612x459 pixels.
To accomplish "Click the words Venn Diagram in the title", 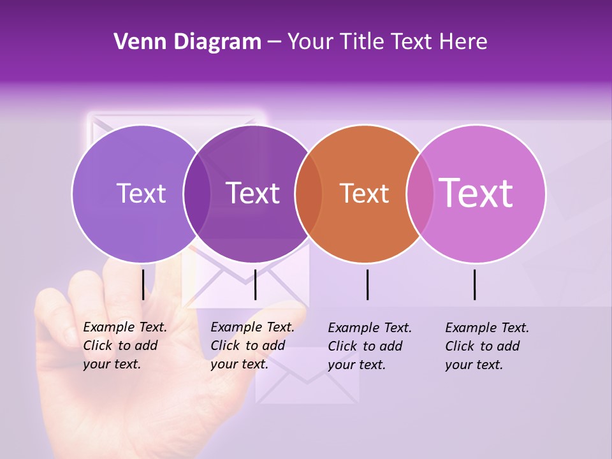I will click(x=187, y=42).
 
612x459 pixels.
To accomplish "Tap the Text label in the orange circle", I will click(x=365, y=194).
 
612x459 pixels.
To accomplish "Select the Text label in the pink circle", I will click(x=476, y=193).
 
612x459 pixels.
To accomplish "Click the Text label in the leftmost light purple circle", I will click(x=141, y=193).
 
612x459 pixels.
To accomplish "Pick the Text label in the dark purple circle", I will click(x=253, y=193).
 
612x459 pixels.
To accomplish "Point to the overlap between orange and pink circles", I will click(x=420, y=194).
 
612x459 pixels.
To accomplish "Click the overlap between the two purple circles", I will click(x=197, y=194).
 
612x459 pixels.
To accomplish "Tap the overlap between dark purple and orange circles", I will click(x=309, y=194).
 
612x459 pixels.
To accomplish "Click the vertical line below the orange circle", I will click(x=368, y=284).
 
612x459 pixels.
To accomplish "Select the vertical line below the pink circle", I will click(x=474, y=284).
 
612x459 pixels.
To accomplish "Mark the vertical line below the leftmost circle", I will click(x=143, y=284).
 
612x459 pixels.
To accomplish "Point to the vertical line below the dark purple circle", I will click(x=255, y=284).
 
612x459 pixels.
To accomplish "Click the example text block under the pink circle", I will click(x=487, y=346).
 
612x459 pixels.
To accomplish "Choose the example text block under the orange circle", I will click(x=370, y=346).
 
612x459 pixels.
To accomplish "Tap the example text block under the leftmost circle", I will click(x=125, y=346).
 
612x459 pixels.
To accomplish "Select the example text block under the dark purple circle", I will click(x=252, y=346).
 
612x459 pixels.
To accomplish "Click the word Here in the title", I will click(x=464, y=42).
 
